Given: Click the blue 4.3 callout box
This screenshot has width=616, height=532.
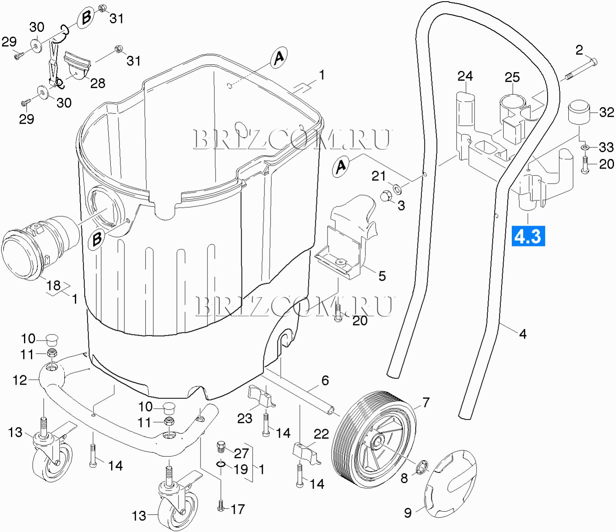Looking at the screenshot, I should (528, 236).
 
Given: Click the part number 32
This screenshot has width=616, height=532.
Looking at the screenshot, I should (606, 112).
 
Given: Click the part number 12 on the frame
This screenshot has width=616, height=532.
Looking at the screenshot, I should (20, 380).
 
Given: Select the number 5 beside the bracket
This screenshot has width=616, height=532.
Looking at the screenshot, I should (382, 276).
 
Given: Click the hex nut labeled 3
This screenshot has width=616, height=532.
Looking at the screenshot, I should (386, 196).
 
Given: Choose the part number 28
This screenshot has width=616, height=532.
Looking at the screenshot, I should (98, 83).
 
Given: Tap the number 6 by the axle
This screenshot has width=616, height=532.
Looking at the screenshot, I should (325, 380).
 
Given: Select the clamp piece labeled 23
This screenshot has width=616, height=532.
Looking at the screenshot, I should (260, 397).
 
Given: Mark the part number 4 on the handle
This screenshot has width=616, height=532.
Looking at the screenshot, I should (523, 334).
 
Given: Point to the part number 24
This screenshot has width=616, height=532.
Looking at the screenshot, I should (465, 76).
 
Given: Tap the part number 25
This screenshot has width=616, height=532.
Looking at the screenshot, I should (512, 77).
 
